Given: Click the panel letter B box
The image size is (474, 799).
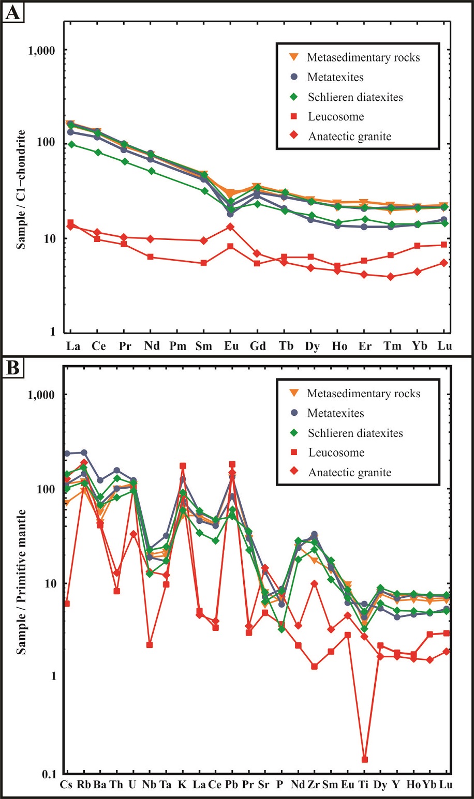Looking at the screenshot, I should coord(12,368).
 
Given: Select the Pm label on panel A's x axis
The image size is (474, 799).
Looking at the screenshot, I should coord(177,346).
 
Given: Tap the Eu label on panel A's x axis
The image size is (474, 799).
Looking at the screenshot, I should coord(231,346).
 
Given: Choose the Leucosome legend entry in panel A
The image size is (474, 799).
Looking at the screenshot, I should coord(336,117).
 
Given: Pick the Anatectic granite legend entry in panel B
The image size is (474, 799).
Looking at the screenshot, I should coord(349,472).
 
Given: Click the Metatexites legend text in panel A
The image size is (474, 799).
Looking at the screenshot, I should coord(335,78).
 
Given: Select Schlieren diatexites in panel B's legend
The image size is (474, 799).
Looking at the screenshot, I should coord(355,433).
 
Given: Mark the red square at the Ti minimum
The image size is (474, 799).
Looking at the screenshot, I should coord(364,759).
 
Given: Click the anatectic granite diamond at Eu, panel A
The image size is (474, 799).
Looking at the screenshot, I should coord(231,227).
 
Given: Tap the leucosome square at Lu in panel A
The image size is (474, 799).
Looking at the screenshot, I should coord(445,245).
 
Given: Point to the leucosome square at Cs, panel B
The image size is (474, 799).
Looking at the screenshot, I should coord(67,604).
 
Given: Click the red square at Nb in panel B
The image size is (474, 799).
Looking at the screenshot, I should coord(150,644).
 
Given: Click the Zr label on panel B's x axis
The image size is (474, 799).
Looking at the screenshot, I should coord(313,785).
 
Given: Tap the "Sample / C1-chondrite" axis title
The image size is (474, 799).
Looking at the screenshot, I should coord(21,190).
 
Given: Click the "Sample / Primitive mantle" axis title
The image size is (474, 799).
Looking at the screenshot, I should coord(21,582).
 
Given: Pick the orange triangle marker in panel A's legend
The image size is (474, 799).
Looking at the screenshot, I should coord(294,57).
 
